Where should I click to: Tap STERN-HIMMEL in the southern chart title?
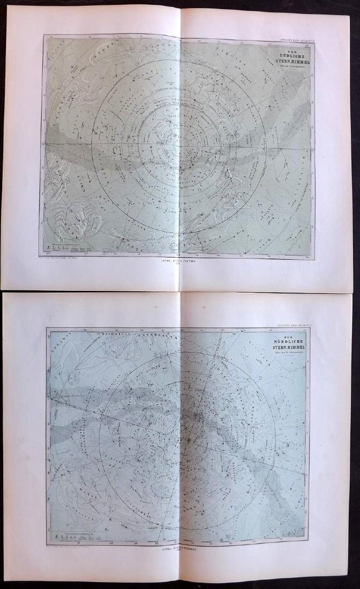tap(290, 61)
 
